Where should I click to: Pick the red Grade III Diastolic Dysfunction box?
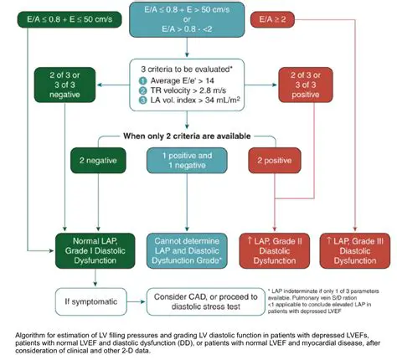pos(353,247)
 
